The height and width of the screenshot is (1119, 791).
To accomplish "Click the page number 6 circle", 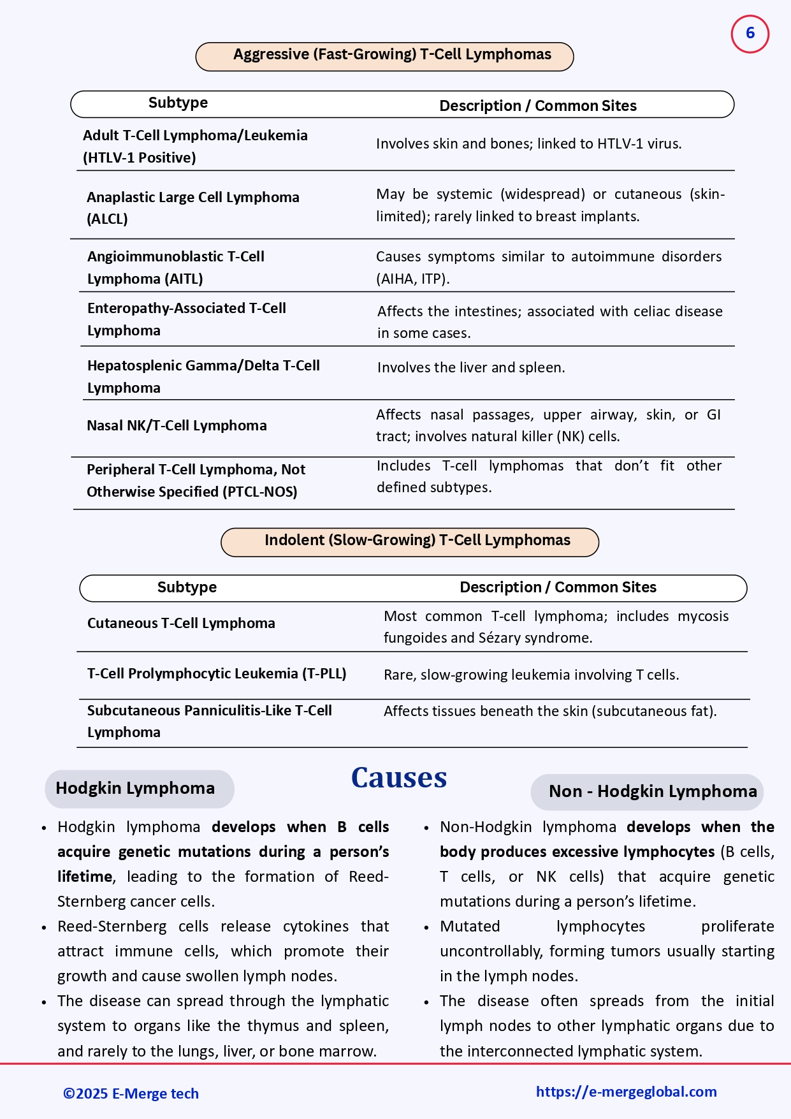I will [x=750, y=34].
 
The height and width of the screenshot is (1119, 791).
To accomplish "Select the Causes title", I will [x=399, y=778].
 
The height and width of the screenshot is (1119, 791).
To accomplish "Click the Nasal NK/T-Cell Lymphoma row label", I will [x=177, y=426].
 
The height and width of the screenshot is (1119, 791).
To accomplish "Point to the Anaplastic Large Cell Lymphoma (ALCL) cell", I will [x=192, y=208].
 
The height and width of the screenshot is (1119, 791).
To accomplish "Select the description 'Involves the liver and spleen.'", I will [x=470, y=368].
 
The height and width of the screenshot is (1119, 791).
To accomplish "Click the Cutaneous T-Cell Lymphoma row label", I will [x=181, y=624].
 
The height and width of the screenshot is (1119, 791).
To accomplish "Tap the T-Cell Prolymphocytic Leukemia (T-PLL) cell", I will [x=217, y=674].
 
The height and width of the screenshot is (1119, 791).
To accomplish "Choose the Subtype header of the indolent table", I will [x=187, y=588].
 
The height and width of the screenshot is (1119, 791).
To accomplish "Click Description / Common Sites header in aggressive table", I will [x=537, y=106].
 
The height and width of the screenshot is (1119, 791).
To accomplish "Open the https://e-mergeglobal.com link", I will [x=626, y=1092].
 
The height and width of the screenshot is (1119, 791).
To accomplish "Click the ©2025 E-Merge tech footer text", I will [x=131, y=1094].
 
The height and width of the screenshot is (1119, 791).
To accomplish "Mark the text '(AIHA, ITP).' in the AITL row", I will [x=412, y=279].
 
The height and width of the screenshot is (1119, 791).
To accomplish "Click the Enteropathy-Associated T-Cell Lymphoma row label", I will [x=186, y=319].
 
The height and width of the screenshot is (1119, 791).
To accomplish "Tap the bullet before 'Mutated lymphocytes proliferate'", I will [x=426, y=928].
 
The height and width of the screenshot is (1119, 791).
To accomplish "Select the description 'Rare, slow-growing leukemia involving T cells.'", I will [x=531, y=675].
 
